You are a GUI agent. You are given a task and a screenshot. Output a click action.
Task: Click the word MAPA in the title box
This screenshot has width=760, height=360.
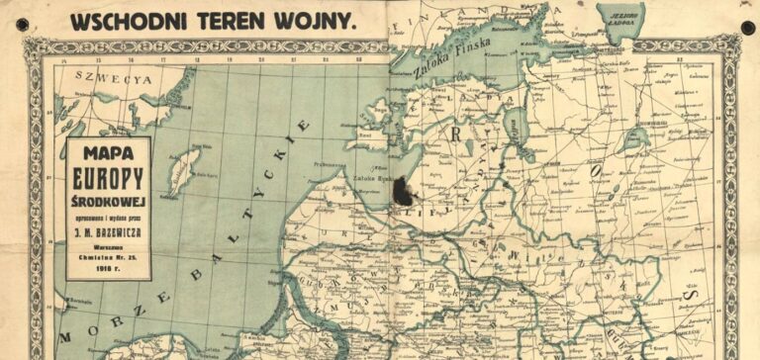109,154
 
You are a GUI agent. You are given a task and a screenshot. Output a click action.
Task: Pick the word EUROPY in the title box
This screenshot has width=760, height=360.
109,178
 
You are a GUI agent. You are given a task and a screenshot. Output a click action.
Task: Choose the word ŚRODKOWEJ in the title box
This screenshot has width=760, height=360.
109,200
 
